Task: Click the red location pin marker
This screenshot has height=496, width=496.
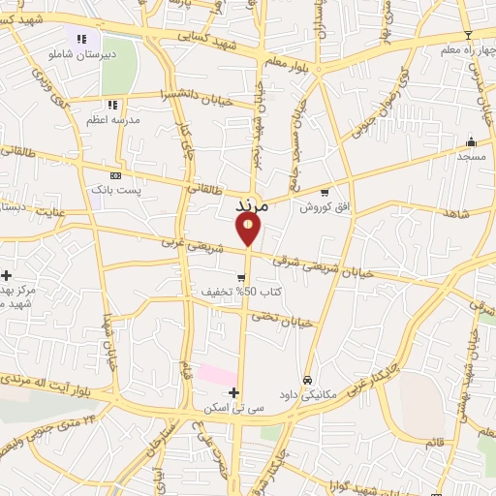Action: (248, 229)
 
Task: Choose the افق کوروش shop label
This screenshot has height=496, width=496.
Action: (323, 206)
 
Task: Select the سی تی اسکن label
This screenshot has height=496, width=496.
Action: (232, 408)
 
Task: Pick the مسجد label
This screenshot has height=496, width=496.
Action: (471, 155)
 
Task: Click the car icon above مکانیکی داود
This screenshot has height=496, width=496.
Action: (308, 380)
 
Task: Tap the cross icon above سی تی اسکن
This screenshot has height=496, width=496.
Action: (232, 392)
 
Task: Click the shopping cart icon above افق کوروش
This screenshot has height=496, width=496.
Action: (324, 192)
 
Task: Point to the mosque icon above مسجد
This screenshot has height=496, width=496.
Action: (471, 140)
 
